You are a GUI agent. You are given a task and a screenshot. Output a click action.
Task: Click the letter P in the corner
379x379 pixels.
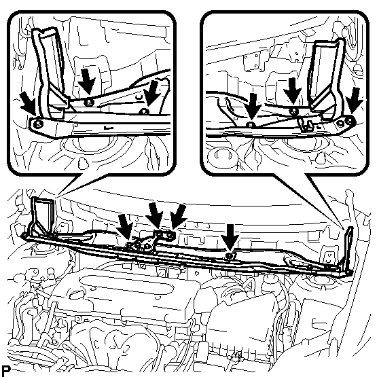[x=6, y=370]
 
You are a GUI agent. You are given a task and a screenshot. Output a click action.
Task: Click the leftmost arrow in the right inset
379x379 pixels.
[x=253, y=107]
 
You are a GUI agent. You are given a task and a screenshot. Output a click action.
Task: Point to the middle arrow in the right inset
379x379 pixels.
[x=293, y=91]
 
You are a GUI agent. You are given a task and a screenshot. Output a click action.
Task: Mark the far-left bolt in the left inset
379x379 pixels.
[x=37, y=124]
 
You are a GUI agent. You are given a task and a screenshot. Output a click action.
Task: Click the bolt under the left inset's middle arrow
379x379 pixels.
[x=88, y=103]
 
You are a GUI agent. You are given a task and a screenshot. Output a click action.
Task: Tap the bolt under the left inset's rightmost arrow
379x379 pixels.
[x=144, y=111]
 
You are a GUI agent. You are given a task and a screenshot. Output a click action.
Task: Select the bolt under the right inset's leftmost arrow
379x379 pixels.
[x=251, y=125]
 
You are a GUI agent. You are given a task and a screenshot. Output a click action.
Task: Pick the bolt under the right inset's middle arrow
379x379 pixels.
[x=293, y=111]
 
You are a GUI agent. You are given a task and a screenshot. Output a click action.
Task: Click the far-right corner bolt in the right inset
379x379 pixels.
[x=349, y=122]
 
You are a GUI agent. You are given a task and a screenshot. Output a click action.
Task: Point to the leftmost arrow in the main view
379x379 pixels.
[x=125, y=228]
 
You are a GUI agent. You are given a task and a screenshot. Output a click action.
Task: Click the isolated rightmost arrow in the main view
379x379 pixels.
[x=230, y=237]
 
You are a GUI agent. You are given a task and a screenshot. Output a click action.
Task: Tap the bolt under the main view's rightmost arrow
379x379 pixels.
[x=230, y=255]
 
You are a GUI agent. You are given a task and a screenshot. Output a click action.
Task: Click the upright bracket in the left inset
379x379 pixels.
[x=49, y=73]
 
